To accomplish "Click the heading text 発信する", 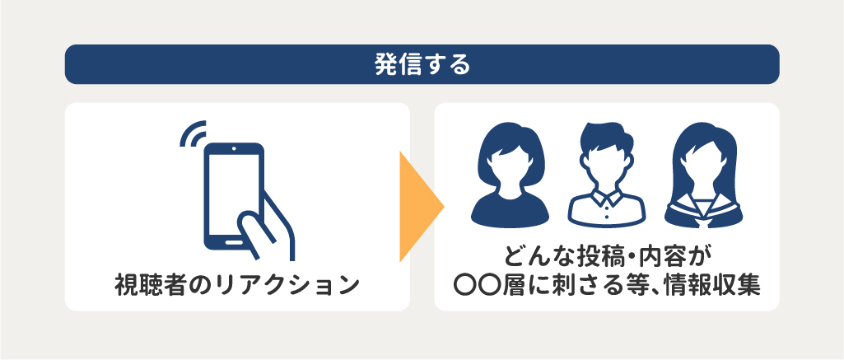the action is click(422, 64).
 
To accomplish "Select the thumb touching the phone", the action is click(257, 229).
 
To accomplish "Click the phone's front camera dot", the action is click(234, 148).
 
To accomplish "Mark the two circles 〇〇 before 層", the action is click(474, 285).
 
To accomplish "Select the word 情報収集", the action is click(715, 285).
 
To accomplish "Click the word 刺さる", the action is click(589, 285).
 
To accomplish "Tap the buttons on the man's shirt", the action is click(607, 211).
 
